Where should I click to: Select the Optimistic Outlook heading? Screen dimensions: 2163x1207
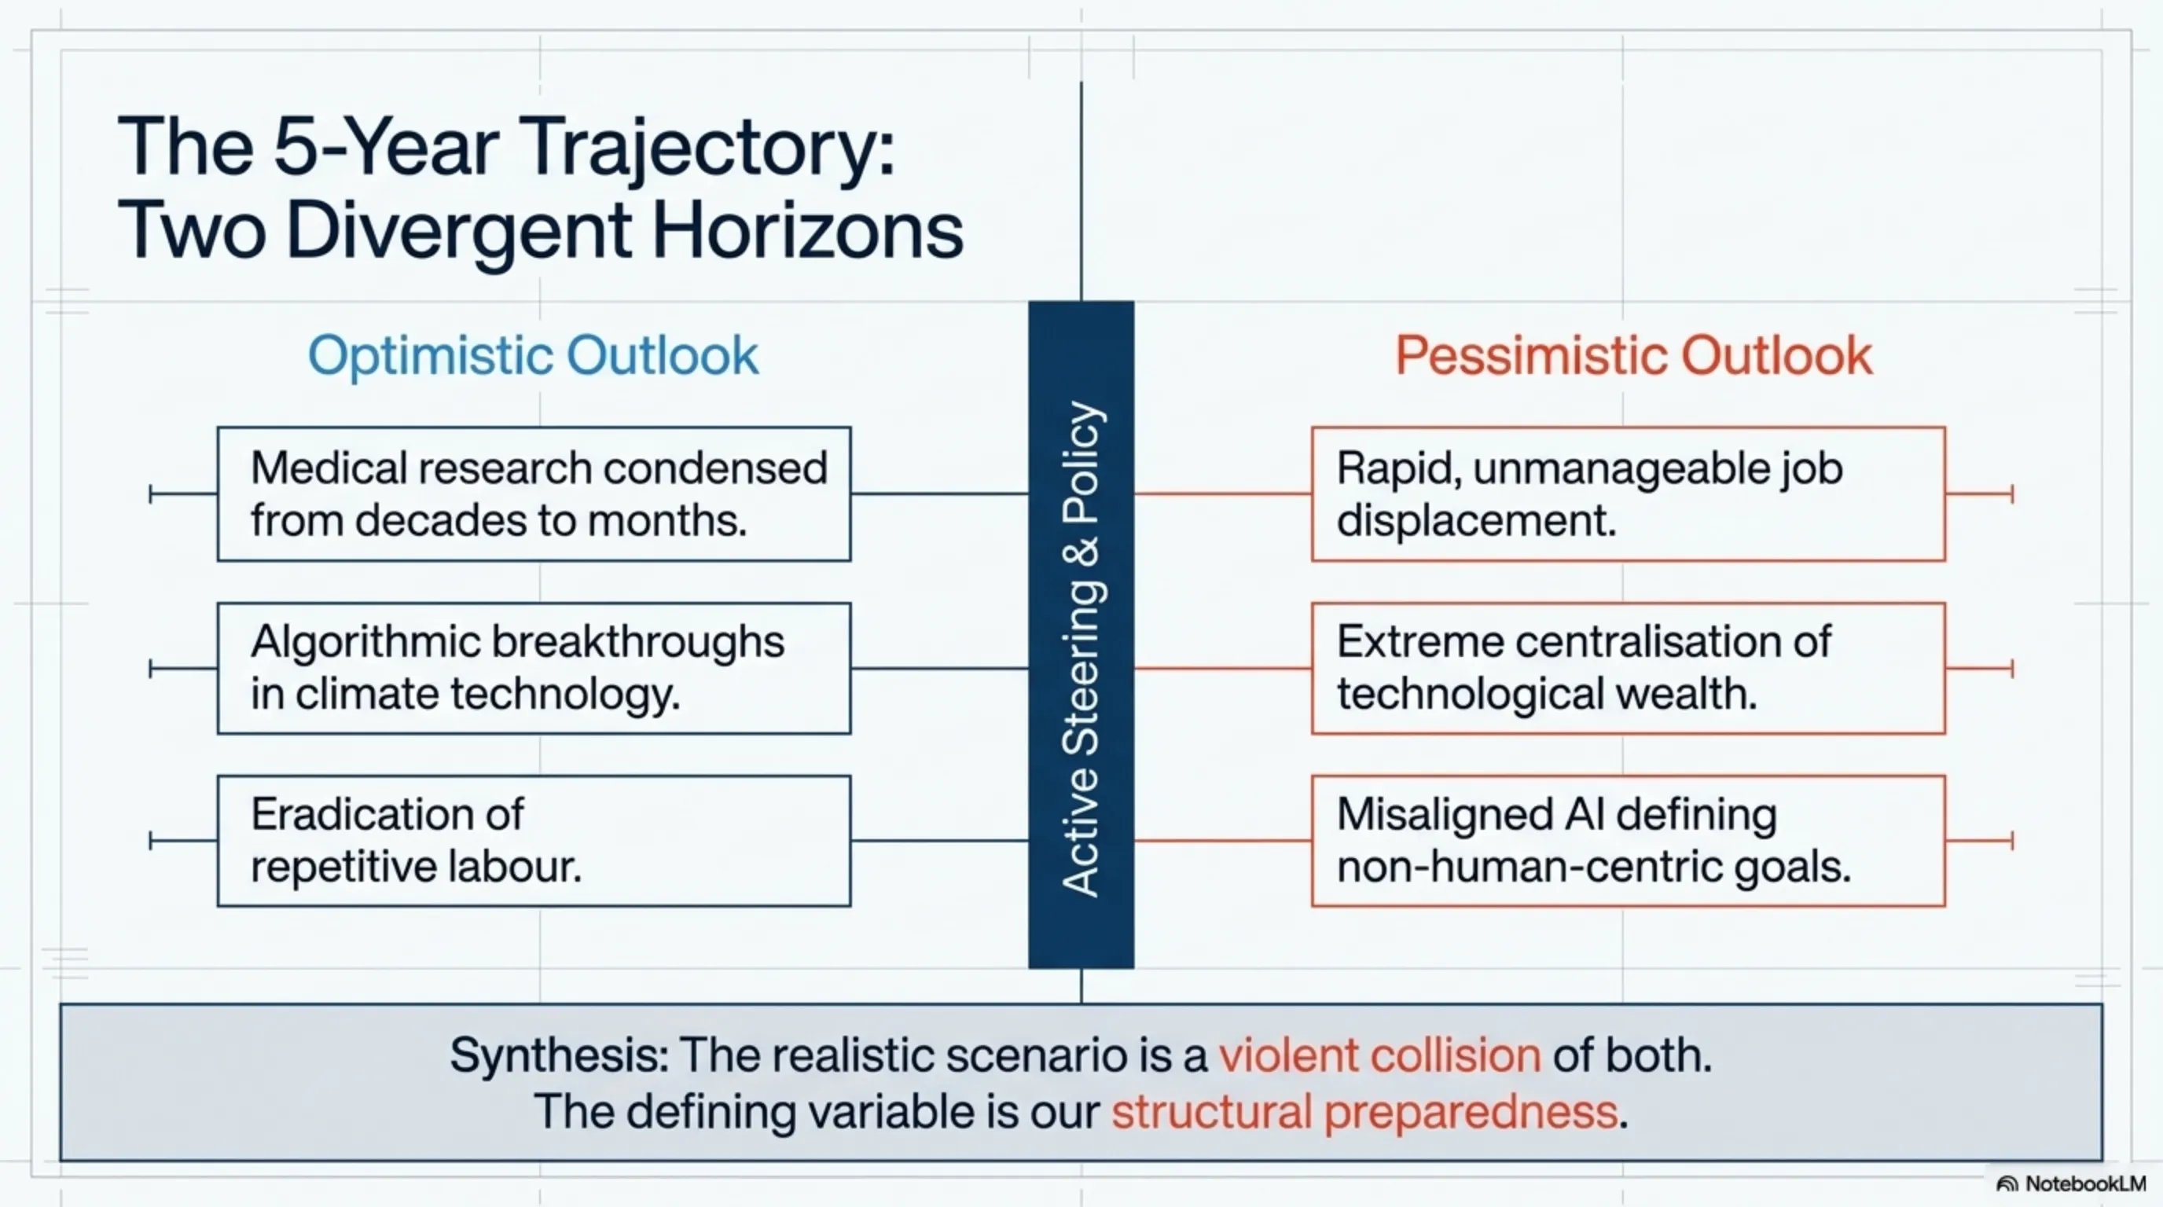point(533,356)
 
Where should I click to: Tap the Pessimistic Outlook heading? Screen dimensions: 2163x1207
point(1633,356)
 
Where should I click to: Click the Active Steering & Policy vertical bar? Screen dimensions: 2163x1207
point(1081,635)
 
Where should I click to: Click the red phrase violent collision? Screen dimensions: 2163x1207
point(1379,1055)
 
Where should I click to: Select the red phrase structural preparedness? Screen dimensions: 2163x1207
point(1364,1113)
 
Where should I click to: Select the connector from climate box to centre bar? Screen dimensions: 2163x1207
point(939,669)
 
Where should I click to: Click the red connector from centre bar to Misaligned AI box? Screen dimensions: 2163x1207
point(1222,840)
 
